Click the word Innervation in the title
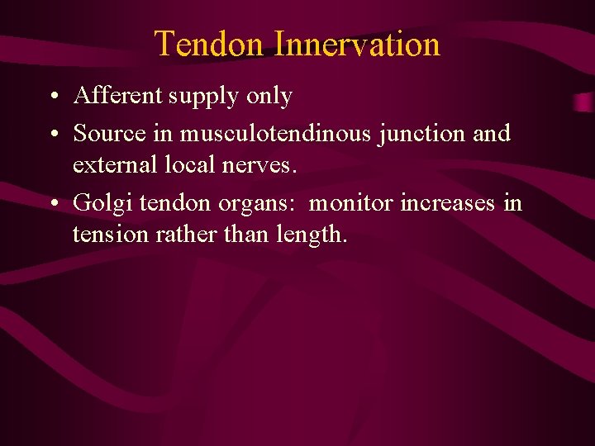point(357,44)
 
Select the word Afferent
point(118,96)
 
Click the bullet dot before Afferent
point(52,97)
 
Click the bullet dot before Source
point(52,134)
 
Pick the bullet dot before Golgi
point(52,203)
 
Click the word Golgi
point(104,203)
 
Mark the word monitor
point(351,202)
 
